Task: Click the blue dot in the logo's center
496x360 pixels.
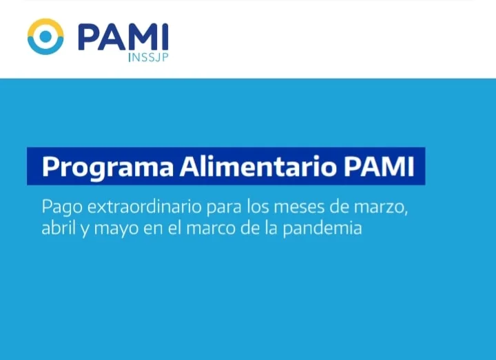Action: tap(45, 36)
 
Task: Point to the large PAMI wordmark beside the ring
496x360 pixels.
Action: tap(123, 37)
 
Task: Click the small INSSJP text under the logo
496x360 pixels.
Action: tap(148, 57)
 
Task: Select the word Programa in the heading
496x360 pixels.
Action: tap(108, 167)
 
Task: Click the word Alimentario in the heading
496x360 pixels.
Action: tap(258, 167)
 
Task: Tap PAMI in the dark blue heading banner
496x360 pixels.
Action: tap(379, 167)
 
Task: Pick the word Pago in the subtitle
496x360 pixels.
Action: tap(62, 208)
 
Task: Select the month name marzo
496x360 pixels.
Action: tap(381, 208)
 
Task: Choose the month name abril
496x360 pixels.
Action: tap(59, 227)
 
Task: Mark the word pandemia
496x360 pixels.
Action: tap(322, 229)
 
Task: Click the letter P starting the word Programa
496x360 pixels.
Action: tap(50, 167)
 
